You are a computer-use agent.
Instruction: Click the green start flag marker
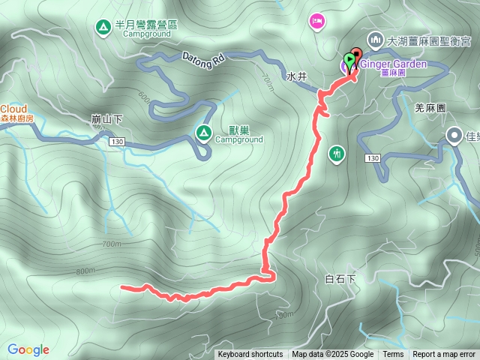point(349,60)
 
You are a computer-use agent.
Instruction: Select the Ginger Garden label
point(394,64)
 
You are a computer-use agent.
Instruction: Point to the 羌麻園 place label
point(430,108)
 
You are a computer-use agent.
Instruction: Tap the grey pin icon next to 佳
point(454,136)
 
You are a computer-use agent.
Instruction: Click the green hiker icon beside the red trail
point(337,154)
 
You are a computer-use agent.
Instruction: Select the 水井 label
point(297,76)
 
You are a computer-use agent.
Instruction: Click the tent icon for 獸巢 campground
point(202,133)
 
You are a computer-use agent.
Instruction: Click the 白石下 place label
point(340,279)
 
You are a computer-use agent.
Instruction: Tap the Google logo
point(28,349)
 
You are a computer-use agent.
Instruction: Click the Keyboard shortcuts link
point(250,355)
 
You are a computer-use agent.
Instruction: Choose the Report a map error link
point(444,355)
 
